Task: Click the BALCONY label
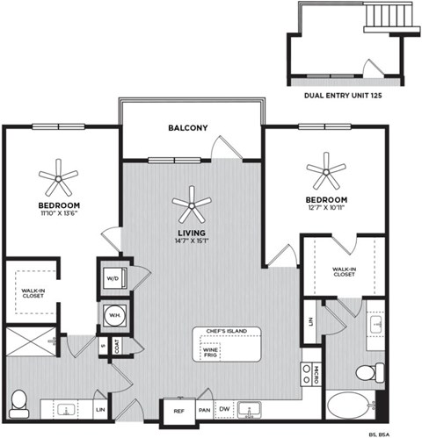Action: [x=187, y=128]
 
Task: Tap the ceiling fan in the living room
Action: [x=192, y=205]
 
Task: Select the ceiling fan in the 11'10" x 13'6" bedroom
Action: [x=59, y=178]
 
